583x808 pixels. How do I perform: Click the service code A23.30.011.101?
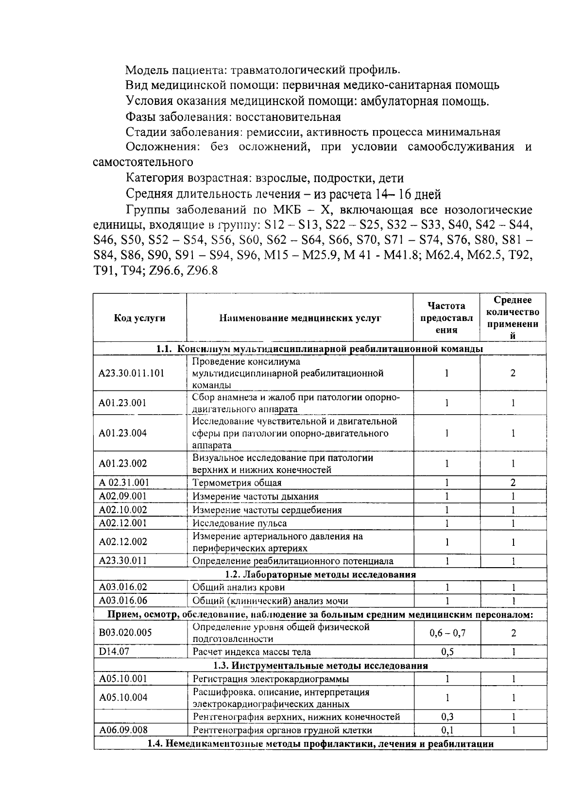tap(131, 373)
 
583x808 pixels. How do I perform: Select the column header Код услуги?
tap(139, 318)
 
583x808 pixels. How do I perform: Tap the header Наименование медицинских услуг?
tap(300, 318)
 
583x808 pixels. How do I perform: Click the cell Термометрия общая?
tap(237, 483)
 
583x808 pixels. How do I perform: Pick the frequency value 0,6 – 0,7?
tap(446, 633)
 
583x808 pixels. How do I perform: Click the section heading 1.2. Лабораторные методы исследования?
tap(320, 574)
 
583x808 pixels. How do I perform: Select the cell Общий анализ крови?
tap(239, 588)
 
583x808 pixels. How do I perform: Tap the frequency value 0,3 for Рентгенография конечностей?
tap(446, 717)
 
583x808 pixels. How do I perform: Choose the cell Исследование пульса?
tap(240, 523)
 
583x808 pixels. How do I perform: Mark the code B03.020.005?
tap(125, 632)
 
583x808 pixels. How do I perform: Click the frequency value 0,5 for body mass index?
tap(446, 652)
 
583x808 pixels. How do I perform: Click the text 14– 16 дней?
tap(408, 195)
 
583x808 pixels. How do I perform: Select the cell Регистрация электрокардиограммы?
tap(271, 679)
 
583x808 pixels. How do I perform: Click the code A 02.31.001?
tap(124, 482)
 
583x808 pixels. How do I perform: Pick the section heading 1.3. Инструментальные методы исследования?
tap(320, 665)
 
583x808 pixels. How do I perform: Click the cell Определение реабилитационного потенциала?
tap(293, 561)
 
